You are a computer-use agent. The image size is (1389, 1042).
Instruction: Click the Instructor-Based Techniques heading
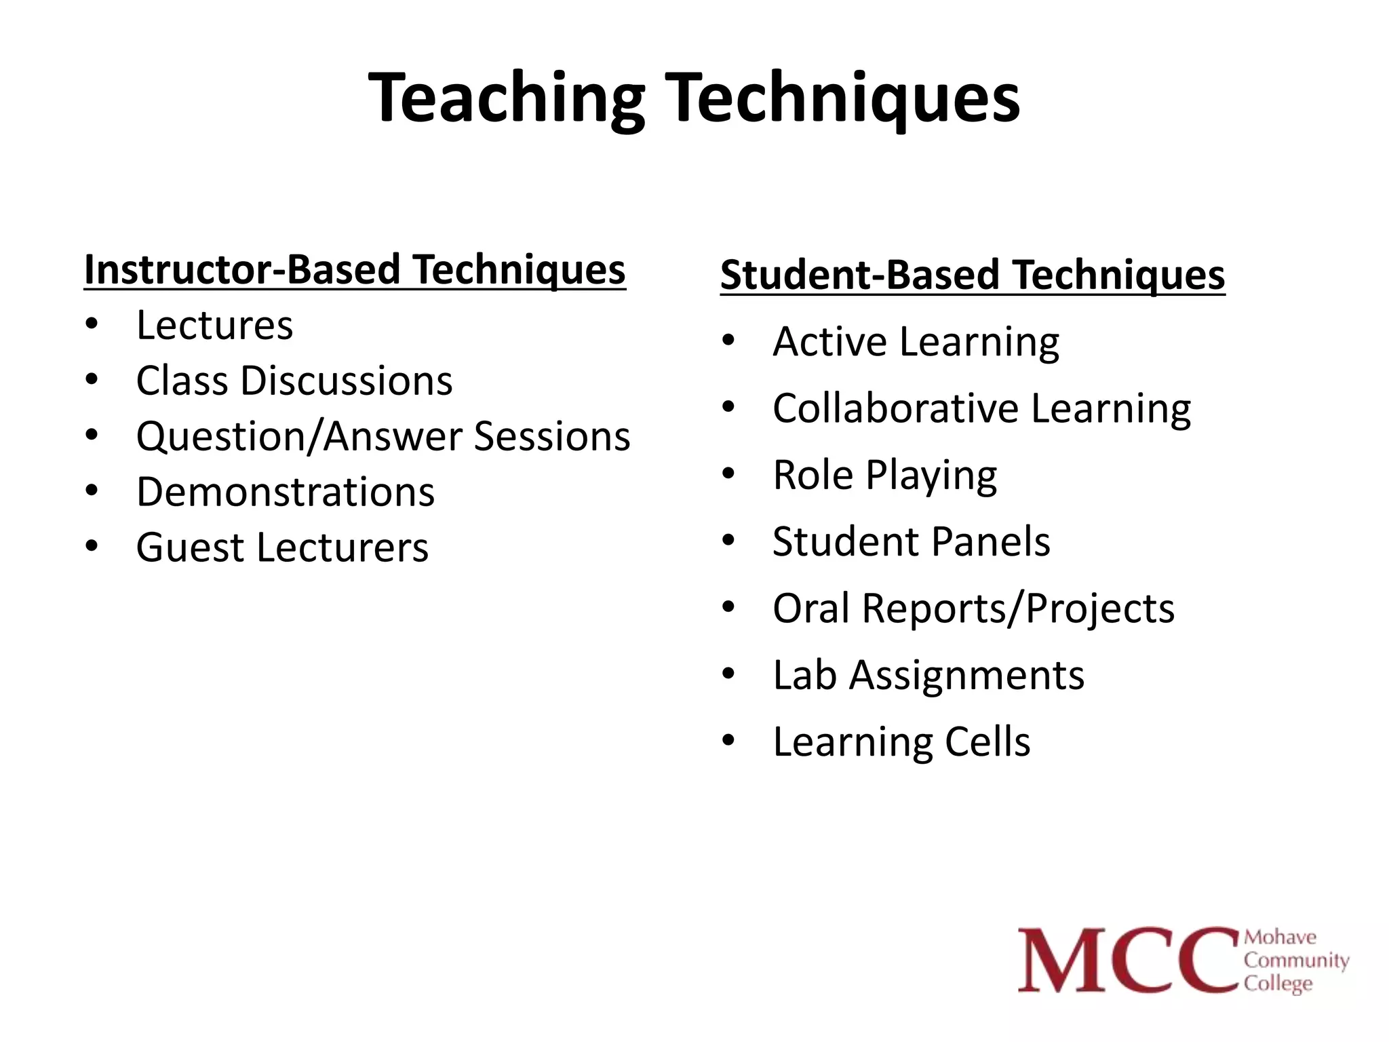[x=354, y=270]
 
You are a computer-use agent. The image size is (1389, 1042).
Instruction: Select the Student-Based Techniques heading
[x=972, y=275]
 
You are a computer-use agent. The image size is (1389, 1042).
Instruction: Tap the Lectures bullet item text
[x=214, y=325]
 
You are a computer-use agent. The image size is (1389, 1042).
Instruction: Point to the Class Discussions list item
[x=294, y=381]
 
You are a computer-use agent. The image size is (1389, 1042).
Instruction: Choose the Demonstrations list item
[x=285, y=492]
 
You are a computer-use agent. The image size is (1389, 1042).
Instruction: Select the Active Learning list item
[x=915, y=341]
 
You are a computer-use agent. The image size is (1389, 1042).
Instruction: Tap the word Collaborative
[x=895, y=408]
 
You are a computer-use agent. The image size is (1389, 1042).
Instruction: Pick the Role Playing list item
[x=884, y=475]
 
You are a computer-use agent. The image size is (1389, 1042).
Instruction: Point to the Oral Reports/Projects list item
[x=973, y=609]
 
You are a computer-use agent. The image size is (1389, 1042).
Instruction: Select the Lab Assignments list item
[x=928, y=675]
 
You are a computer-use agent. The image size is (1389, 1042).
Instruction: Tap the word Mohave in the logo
[x=1280, y=938]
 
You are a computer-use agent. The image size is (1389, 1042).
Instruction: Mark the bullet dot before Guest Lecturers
[x=92, y=545]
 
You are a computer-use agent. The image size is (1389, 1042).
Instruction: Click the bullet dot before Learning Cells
[x=728, y=740]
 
